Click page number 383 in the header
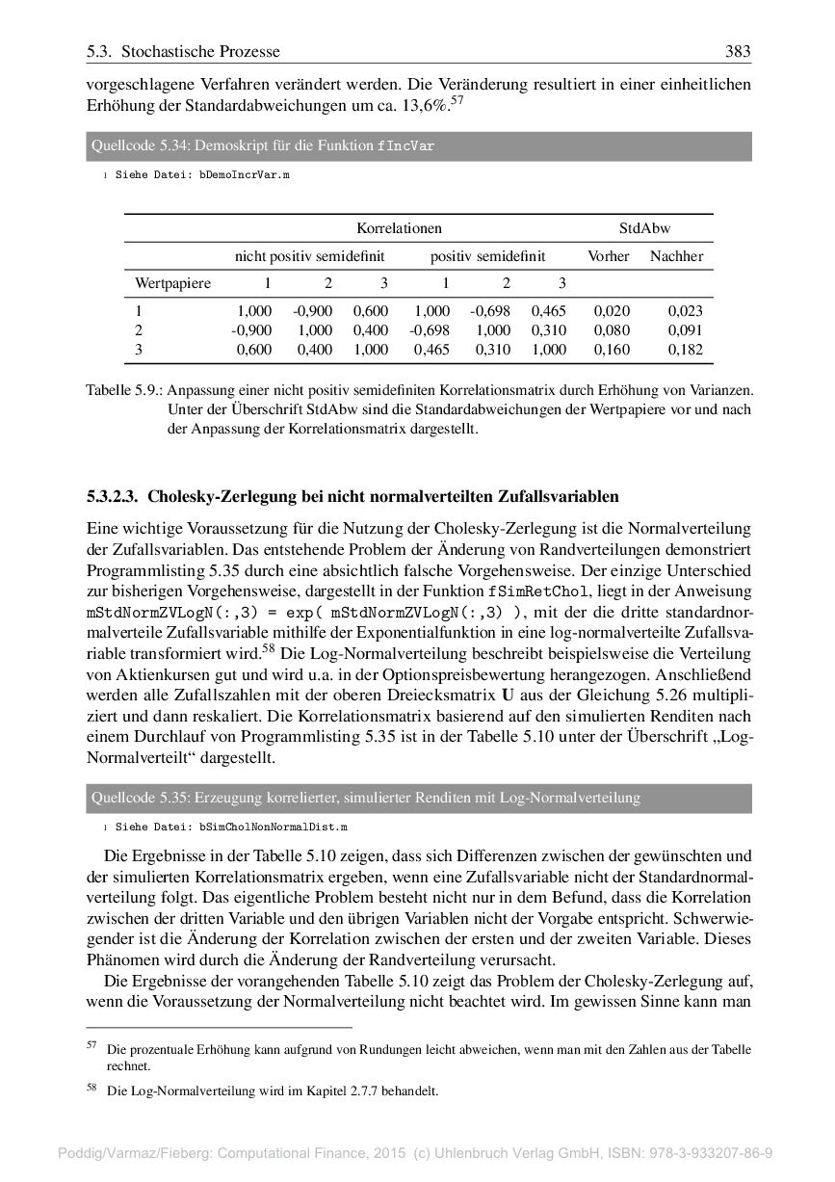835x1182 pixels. click(738, 51)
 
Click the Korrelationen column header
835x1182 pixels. click(399, 228)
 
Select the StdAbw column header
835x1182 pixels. click(644, 228)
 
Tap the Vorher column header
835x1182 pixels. click(609, 256)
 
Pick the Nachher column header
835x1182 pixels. click(676, 256)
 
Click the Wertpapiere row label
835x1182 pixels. click(173, 283)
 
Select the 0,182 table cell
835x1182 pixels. click(685, 350)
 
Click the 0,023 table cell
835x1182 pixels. click(685, 311)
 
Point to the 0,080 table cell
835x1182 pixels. click(613, 330)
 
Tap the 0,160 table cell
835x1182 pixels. click(613, 350)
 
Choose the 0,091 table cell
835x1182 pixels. click(685, 330)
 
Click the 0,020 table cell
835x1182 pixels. click(613, 311)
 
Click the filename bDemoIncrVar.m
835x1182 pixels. click(244, 177)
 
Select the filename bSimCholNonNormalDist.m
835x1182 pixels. click(273, 827)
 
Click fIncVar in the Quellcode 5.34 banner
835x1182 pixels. click(405, 147)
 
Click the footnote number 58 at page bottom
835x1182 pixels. click(92, 1090)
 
